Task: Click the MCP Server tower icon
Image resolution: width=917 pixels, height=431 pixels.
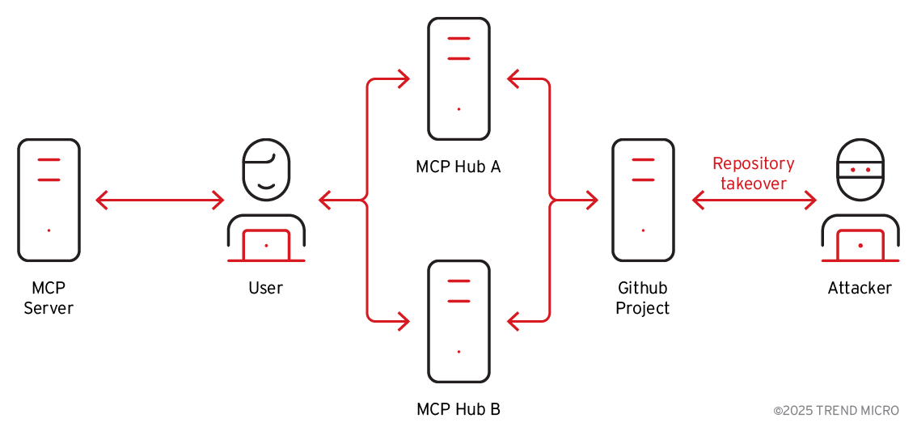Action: [49, 200]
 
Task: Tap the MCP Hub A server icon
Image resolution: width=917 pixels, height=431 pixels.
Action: [458, 78]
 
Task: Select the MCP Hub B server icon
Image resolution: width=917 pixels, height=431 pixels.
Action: [458, 321]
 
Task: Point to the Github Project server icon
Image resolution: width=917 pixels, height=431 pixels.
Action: [643, 200]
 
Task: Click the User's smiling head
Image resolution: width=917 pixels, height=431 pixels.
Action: [266, 169]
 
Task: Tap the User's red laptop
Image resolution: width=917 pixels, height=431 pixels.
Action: [266, 245]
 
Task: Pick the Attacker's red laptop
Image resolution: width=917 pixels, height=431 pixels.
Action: [860, 245]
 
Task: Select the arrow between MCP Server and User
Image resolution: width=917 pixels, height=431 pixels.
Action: [159, 200]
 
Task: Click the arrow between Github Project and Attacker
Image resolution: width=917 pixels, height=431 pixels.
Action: [754, 200]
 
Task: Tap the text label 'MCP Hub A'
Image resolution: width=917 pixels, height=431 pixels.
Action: [458, 167]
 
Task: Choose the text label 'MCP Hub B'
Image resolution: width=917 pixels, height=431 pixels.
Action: [458, 409]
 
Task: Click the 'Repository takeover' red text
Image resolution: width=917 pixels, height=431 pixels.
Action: [754, 173]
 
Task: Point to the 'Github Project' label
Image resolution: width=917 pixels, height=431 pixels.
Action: [643, 298]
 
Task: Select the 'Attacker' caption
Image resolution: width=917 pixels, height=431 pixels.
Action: [860, 288]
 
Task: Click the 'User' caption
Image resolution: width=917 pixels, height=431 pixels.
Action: [266, 288]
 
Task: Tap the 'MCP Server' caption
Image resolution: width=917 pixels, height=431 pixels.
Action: [49, 298]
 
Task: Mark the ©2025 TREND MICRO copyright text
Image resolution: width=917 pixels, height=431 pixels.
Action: [836, 411]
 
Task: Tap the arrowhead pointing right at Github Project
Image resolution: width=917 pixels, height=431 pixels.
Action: [592, 200]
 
